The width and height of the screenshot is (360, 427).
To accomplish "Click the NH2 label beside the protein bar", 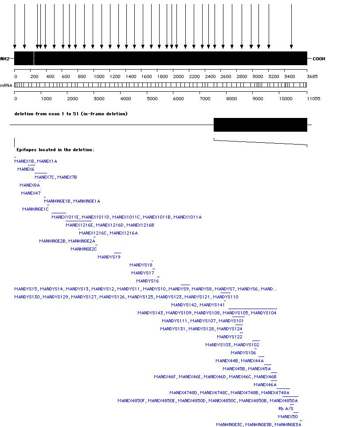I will tap(4, 59).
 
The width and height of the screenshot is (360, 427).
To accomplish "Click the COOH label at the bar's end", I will tap(319, 59).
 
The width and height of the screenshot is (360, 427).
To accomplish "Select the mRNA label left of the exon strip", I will tap(6, 85).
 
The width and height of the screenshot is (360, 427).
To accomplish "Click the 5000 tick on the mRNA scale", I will tap(153, 98).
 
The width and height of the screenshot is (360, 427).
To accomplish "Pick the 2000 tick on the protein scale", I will tap(178, 76).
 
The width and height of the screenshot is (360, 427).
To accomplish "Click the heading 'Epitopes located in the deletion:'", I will tap(55, 150).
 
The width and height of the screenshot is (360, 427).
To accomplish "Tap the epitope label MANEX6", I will tap(26, 169).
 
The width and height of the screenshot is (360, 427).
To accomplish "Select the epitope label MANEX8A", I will tap(30, 185).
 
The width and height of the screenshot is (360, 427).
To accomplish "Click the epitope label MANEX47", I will tap(31, 193).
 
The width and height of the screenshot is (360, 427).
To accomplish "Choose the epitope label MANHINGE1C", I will tap(35, 209).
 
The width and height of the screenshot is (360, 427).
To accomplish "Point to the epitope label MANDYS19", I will tap(109, 257).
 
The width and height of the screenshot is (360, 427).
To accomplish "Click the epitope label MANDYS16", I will tap(147, 281).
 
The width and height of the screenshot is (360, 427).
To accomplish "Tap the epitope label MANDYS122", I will tap(229, 337).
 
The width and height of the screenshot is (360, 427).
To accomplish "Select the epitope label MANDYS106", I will tap(243, 353).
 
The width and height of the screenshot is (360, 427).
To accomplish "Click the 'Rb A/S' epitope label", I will tap(286, 409).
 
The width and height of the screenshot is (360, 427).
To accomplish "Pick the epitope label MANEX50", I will tap(288, 417).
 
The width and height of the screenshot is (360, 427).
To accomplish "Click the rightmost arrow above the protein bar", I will tap(291, 27).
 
